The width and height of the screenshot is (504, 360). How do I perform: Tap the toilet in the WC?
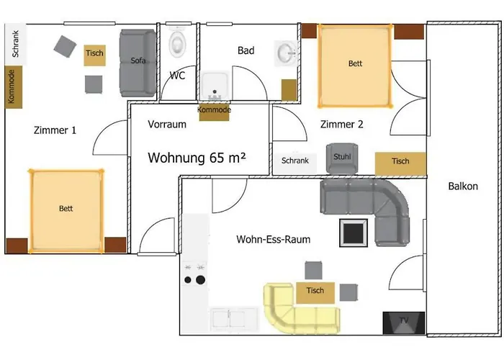[x=177, y=44]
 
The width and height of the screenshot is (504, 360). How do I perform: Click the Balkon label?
[x=462, y=186]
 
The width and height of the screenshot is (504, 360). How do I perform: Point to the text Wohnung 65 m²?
[x=197, y=156]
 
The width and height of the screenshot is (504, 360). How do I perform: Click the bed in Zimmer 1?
[x=66, y=209]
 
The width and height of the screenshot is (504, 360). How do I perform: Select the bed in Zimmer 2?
[x=355, y=64]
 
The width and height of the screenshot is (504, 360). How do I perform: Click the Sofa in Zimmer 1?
[x=138, y=63]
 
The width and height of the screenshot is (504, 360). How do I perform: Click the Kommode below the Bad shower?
[x=214, y=111]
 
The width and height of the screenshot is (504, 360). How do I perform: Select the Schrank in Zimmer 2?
[x=295, y=161]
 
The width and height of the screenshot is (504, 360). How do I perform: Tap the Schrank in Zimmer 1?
[x=15, y=43]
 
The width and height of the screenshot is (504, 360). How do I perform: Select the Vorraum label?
[x=167, y=124]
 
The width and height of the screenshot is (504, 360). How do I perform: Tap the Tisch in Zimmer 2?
[x=400, y=162]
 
